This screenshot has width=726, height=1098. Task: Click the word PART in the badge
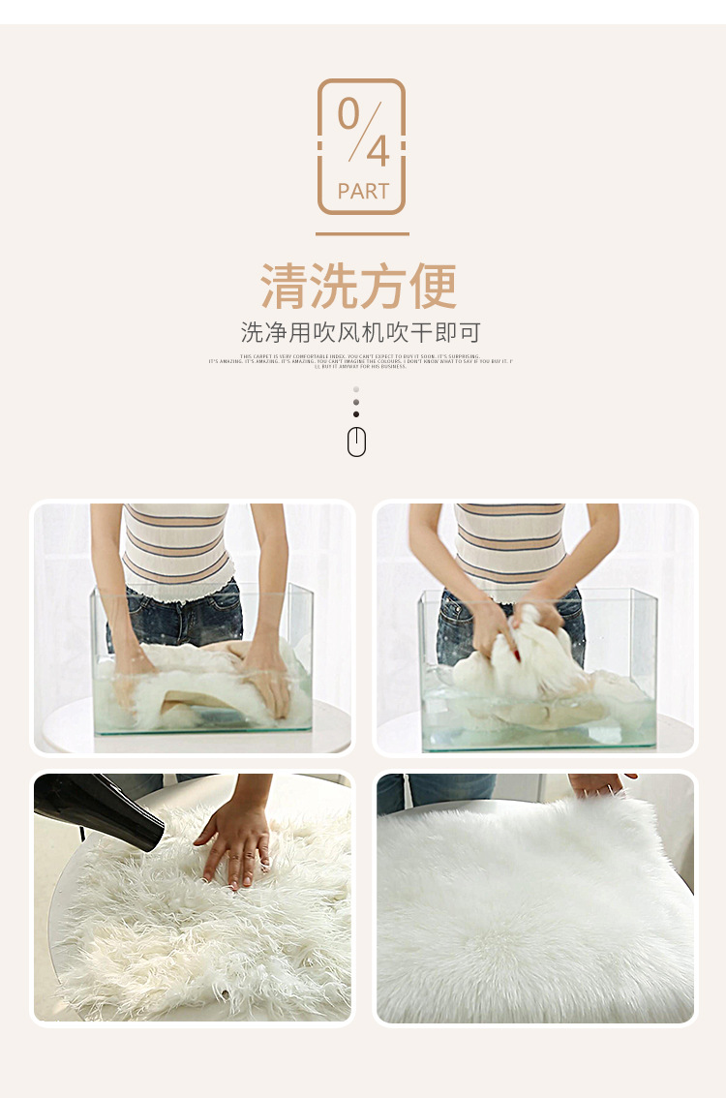tap(363, 192)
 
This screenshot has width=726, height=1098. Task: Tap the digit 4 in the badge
tap(377, 151)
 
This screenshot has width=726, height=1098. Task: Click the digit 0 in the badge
tap(348, 113)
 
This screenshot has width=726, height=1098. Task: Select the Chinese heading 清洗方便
tap(359, 287)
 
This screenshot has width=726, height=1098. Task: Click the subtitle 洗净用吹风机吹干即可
tap(360, 333)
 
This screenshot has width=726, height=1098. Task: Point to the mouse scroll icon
tap(356, 442)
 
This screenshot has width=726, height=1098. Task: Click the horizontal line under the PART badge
tap(362, 233)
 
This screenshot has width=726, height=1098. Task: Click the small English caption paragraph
tap(361, 361)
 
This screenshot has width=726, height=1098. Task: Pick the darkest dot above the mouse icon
tap(356, 414)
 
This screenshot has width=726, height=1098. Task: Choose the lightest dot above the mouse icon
tap(356, 389)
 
